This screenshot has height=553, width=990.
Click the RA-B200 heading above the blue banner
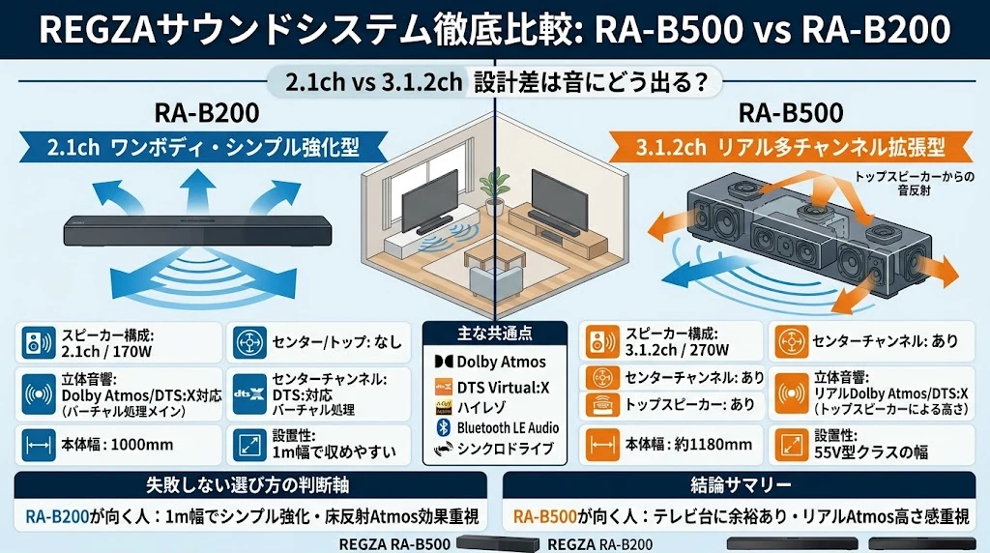point(207,113)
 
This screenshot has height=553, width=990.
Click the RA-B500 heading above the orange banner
point(791,113)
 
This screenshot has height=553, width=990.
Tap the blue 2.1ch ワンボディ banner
point(203,147)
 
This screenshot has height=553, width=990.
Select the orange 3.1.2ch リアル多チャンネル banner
point(791,147)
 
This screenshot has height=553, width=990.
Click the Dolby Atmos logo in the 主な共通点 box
point(444,362)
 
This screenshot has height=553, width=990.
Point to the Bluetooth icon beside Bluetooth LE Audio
point(443,427)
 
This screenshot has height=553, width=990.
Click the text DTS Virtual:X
point(503,388)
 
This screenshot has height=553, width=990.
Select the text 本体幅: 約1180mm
point(688,445)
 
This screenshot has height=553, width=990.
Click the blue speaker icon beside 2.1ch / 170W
point(39,342)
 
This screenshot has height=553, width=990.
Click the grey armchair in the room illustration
point(498,286)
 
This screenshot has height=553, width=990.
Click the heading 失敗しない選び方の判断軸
point(247,484)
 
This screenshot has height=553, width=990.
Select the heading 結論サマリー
point(741,484)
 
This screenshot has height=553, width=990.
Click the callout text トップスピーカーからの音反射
point(915,183)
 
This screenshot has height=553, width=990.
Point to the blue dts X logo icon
point(249,393)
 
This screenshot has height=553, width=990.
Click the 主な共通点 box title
point(494,333)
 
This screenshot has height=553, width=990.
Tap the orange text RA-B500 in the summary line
point(545,517)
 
